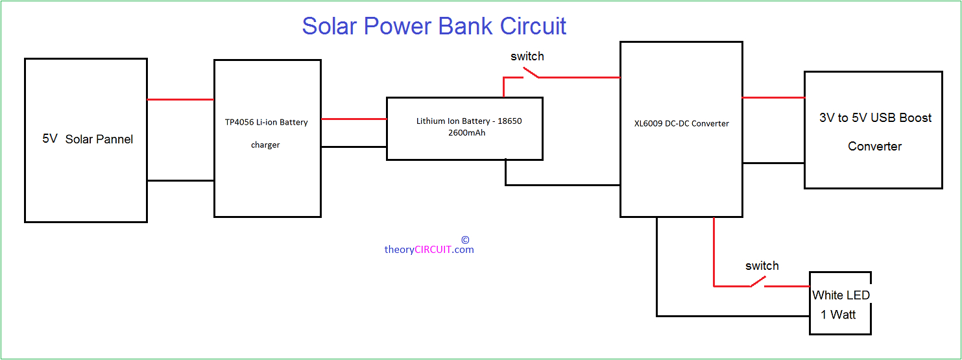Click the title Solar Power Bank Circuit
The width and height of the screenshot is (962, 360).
434,26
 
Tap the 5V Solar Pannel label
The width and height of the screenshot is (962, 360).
88,139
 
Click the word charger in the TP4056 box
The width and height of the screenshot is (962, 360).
265,145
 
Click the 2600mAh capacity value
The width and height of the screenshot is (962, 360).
465,133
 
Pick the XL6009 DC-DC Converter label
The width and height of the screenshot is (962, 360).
682,123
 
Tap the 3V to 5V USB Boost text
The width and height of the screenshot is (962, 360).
875,118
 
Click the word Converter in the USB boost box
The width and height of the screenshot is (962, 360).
874,147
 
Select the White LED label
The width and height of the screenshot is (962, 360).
841,295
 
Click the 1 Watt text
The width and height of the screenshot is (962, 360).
838,315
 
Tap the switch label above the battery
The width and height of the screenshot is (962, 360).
527,56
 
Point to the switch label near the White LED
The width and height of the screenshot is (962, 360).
762,266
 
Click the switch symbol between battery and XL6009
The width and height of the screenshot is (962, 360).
531,76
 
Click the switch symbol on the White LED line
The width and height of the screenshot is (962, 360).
756,283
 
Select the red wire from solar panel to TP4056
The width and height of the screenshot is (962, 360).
180,99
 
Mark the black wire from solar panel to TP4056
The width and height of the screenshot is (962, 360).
180,180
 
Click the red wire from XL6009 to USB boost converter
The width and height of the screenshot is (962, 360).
773,97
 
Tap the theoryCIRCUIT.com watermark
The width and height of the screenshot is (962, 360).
429,250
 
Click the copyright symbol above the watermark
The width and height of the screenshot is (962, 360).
465,239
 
